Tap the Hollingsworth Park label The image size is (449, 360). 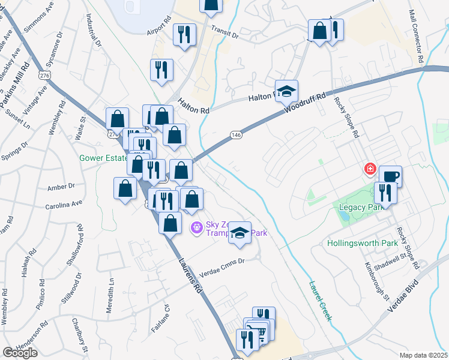tap(363, 244)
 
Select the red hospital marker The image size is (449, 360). tap(370, 170)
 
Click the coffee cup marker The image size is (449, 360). tap(390, 176)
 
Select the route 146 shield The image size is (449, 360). tap(236, 136)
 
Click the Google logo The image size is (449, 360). tap(20, 352)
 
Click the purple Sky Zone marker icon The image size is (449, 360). tap(196, 227)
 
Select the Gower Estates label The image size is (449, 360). tap(103, 159)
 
